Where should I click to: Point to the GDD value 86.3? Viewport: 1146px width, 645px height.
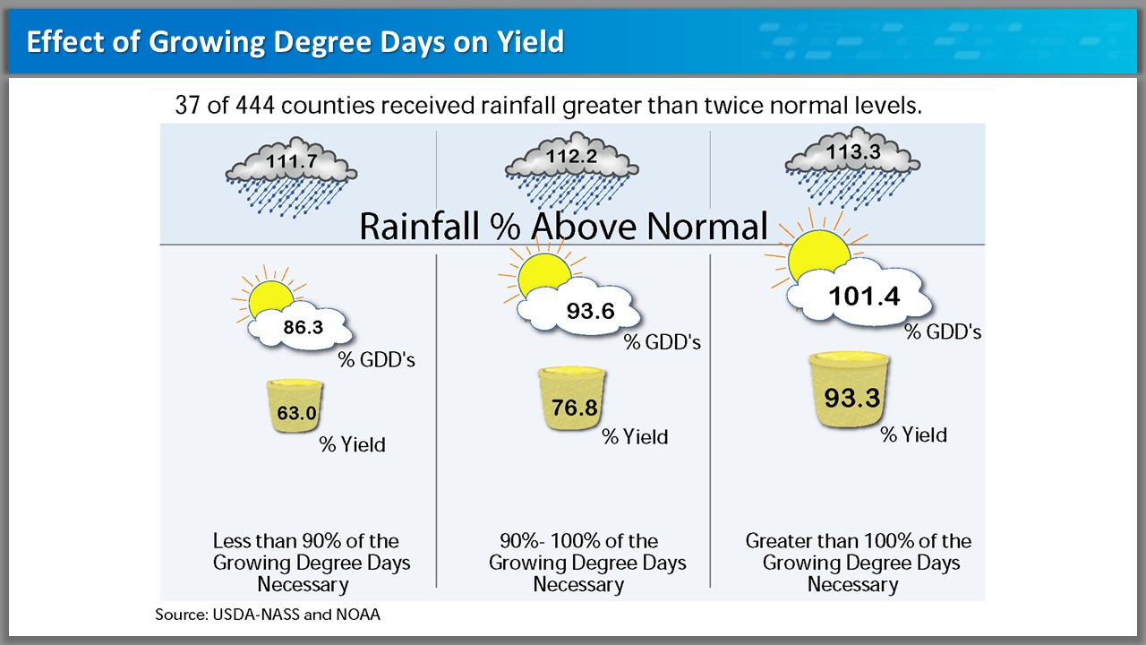click(x=303, y=328)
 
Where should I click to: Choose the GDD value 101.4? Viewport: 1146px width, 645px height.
click(x=865, y=296)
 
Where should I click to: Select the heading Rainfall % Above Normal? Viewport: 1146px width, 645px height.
click(x=563, y=226)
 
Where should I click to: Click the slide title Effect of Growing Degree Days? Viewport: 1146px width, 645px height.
click(x=295, y=42)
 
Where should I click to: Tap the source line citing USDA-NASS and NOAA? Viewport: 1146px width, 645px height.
click(x=274, y=615)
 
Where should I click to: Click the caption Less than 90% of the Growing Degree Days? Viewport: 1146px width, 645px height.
click(x=305, y=563)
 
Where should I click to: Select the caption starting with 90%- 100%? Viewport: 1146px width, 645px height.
click(x=578, y=563)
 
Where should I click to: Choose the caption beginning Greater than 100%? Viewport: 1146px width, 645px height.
click(x=858, y=563)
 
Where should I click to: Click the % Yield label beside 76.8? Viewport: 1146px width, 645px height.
click(x=635, y=437)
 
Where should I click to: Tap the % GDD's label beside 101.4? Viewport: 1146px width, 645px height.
click(x=943, y=332)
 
